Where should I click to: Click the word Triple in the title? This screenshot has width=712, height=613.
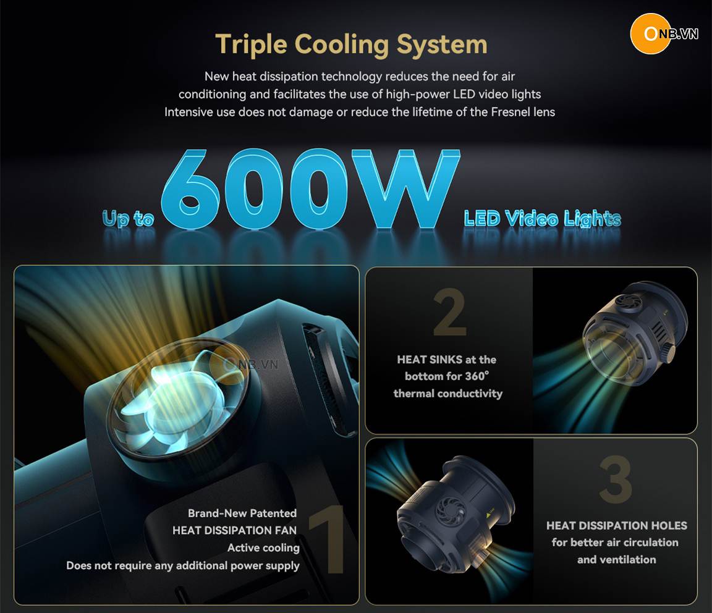pyautogui.click(x=251, y=45)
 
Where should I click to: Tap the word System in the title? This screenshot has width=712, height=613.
pyautogui.click(x=442, y=45)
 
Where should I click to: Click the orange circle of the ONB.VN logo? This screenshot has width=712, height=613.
pyautogui.click(x=651, y=33)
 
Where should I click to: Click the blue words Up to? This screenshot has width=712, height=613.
pyautogui.click(x=128, y=218)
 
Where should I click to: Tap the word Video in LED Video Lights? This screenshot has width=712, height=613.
pyautogui.click(x=532, y=218)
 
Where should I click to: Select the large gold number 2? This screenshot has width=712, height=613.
pyautogui.click(x=449, y=313)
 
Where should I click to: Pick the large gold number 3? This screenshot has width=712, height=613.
pyautogui.click(x=616, y=479)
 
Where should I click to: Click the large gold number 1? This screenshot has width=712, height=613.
pyautogui.click(x=328, y=539)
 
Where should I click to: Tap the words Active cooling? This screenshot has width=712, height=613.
pyautogui.click(x=263, y=547)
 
